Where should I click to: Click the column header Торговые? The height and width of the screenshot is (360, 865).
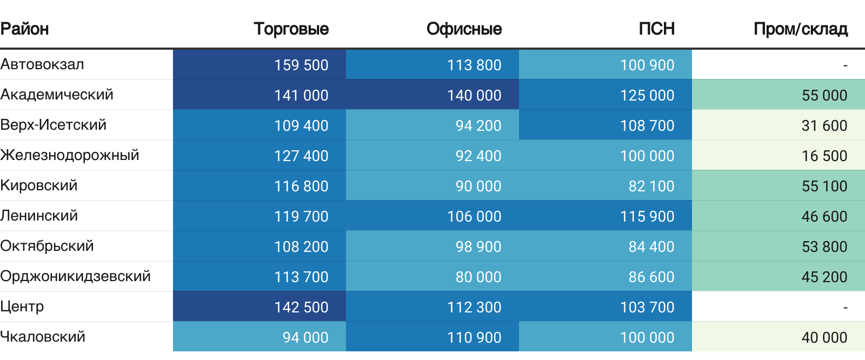click(291, 29)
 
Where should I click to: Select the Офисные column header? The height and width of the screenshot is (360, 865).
click(464, 29)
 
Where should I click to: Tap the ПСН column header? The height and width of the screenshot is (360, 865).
click(656, 29)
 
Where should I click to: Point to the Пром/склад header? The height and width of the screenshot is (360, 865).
click(800, 29)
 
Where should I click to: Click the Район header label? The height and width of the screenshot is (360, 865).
click(25, 29)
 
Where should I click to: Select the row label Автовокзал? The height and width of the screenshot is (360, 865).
click(42, 64)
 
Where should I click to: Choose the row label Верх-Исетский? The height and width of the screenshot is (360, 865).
click(54, 125)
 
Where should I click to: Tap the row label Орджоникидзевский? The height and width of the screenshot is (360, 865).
click(75, 276)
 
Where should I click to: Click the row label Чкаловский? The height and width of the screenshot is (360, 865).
click(43, 337)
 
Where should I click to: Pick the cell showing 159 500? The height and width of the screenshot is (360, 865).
click(301, 65)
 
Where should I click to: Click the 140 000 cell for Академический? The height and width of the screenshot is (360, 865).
click(474, 95)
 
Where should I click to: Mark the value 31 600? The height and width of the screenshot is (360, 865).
click(824, 125)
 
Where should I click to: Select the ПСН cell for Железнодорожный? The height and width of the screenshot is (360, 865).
click(647, 156)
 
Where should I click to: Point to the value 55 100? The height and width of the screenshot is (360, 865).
click(824, 186)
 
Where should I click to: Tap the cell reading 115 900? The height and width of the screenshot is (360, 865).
click(647, 216)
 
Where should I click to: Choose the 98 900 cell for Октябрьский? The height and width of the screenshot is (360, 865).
click(478, 246)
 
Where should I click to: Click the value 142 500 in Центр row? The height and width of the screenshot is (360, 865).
click(301, 307)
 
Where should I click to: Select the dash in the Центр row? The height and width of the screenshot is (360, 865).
click(845, 307)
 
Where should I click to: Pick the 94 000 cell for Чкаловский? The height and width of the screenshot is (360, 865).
click(305, 337)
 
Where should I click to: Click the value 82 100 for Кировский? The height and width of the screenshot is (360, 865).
click(651, 186)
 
